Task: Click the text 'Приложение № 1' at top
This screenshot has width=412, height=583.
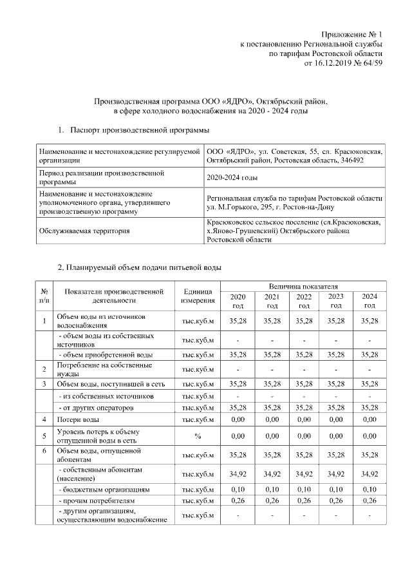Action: tap(351, 34)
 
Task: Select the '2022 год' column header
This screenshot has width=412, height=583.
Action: tap(303, 300)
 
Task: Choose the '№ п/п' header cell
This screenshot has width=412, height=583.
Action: tap(44, 296)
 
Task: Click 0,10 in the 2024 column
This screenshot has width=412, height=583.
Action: tap(369, 490)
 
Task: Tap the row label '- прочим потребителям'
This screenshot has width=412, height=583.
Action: tap(97, 501)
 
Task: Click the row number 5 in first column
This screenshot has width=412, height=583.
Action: tap(44, 437)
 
